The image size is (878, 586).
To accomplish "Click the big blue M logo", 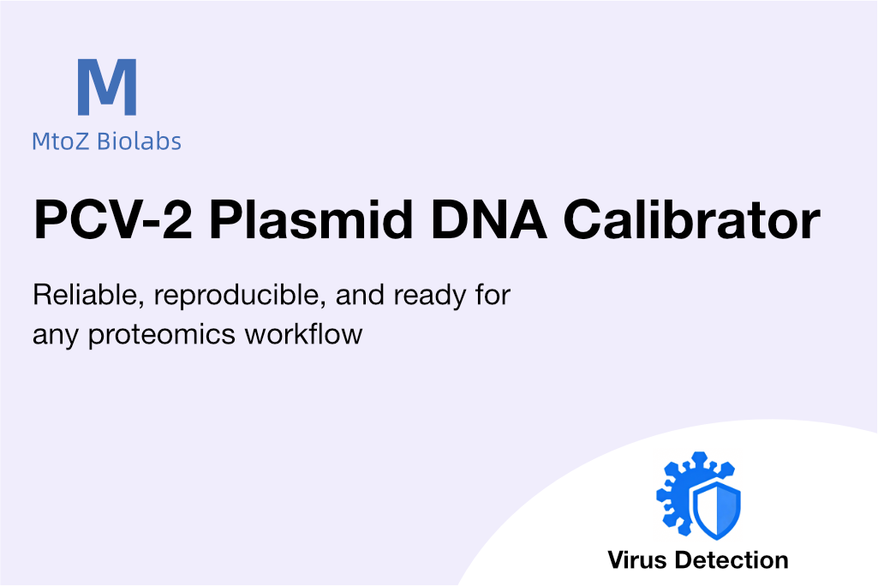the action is (x=107, y=87).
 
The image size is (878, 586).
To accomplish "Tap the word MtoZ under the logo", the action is (x=60, y=141).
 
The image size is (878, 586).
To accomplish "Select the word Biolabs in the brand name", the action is (x=139, y=141).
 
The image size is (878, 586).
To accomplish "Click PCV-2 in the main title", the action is (x=113, y=219).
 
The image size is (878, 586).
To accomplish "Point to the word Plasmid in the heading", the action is (x=311, y=219).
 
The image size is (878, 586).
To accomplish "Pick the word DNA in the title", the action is (x=488, y=219).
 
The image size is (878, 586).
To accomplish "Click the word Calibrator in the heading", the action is (x=692, y=219).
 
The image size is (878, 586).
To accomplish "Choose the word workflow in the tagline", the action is (x=303, y=334).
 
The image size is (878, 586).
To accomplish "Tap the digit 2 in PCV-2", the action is (x=177, y=219).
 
